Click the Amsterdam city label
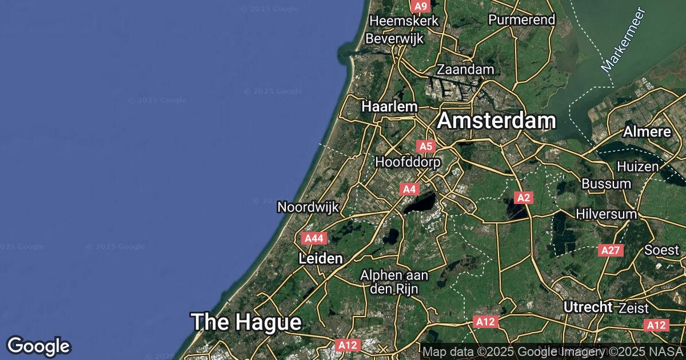point(497,121)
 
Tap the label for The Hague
point(246,322)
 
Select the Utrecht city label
point(588,307)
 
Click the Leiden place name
point(321,259)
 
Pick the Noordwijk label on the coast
point(308,207)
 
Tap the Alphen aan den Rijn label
point(394,282)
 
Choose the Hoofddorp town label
point(408,162)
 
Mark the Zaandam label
point(465,69)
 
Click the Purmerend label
point(521,20)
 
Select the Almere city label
point(647,132)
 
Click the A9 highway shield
point(420,6)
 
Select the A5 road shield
point(426,146)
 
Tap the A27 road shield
point(611,250)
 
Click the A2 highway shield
point(523,198)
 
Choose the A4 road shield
point(409,189)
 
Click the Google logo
point(38,346)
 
